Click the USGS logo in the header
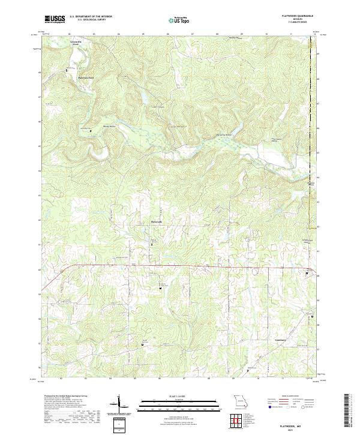click(55, 20)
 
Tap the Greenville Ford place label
click(76, 43)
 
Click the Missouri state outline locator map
click(241, 400)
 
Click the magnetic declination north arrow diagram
click(119, 406)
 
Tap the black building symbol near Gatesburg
click(312, 316)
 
